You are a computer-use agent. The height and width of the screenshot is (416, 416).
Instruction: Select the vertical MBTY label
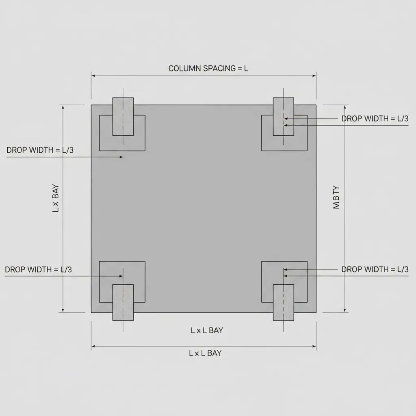click(x=336, y=197)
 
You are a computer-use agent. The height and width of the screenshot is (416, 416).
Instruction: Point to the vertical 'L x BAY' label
click(x=56, y=199)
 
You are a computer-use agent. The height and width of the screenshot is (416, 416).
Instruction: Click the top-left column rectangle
click(x=123, y=117)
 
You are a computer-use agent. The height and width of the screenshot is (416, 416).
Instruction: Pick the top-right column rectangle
click(x=283, y=117)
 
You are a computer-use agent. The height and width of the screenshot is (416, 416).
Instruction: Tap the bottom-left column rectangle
click(x=123, y=303)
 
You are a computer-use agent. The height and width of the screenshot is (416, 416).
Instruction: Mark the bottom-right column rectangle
click(x=283, y=303)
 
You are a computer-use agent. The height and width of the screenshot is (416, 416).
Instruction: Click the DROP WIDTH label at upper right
click(x=375, y=119)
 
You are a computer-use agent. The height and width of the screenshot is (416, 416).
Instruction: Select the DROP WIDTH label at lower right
click(x=375, y=269)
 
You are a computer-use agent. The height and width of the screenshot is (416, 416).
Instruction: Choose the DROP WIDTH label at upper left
click(x=40, y=150)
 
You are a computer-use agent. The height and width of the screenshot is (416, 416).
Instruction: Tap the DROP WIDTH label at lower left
click(x=39, y=269)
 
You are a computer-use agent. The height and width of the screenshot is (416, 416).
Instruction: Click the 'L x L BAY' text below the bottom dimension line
click(x=205, y=353)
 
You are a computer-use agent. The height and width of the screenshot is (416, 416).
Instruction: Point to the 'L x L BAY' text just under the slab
click(x=207, y=330)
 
